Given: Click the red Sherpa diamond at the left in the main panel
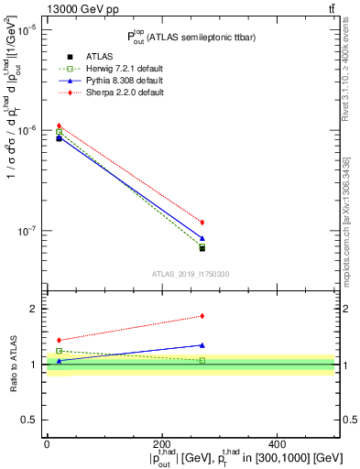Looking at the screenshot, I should point(59,125).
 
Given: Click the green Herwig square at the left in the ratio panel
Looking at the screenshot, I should point(59,351).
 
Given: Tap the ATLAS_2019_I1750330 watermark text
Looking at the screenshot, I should point(190,273).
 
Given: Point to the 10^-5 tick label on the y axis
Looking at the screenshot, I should point(26,30).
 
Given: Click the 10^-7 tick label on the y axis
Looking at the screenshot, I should point(26,231).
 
